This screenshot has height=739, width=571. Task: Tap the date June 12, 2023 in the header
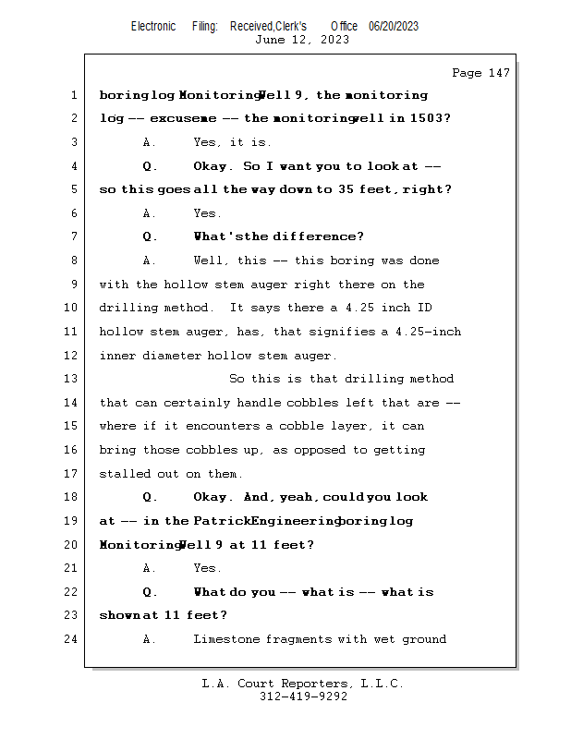click(301, 40)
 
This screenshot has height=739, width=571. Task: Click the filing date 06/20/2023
click(394, 27)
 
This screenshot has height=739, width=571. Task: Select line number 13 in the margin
click(73, 379)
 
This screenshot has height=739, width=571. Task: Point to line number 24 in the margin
click(73, 639)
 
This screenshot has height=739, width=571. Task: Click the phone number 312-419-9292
click(303, 697)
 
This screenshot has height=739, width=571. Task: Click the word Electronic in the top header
click(153, 27)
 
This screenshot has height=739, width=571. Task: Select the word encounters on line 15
click(222, 427)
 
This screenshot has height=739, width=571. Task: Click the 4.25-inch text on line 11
click(428, 332)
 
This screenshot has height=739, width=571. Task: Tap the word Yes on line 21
click(207, 568)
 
